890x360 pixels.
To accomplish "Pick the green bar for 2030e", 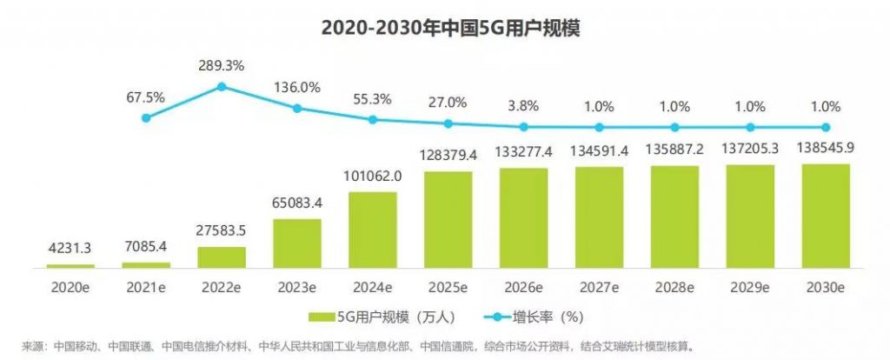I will [x=825, y=215].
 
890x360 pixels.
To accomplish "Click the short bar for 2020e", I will [x=70, y=265].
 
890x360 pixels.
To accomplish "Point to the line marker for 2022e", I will [x=222, y=87].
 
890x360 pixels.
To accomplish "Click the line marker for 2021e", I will [x=146, y=117].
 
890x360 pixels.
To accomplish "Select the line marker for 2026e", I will [x=523, y=125].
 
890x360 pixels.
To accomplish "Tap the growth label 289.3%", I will [x=222, y=64].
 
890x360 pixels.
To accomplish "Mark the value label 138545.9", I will [x=825, y=149].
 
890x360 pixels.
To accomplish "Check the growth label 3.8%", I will [x=523, y=105].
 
